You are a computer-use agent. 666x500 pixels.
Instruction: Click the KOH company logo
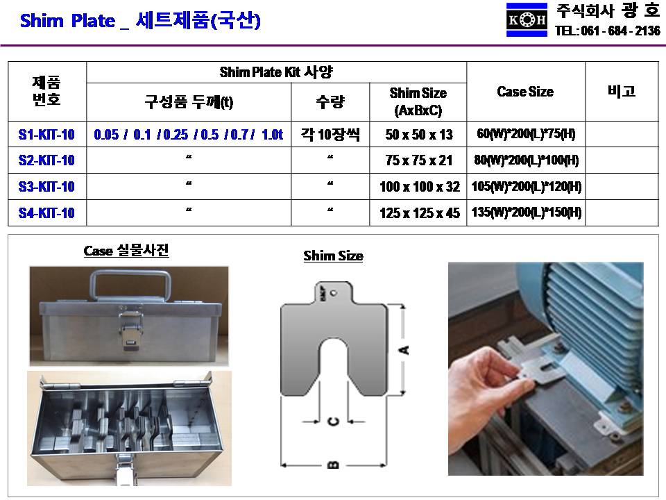[527, 19]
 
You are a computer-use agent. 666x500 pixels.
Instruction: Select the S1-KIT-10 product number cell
[46, 134]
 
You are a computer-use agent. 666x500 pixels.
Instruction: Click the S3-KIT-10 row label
[46, 186]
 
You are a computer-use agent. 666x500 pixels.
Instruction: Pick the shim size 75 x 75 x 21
[418, 160]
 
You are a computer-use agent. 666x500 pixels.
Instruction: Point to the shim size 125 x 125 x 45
[419, 212]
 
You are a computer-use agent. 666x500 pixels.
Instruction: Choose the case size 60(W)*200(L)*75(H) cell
[526, 134]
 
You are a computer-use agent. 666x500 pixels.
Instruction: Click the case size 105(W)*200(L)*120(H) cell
[527, 186]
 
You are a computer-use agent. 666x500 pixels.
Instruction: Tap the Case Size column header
[525, 92]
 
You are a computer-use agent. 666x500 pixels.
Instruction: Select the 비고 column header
[622, 91]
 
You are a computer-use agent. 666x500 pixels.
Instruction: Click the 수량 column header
[330, 102]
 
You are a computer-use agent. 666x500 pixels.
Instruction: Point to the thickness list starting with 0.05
[188, 134]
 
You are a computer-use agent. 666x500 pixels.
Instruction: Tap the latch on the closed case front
[130, 331]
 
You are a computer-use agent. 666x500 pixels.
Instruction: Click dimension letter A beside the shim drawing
[404, 350]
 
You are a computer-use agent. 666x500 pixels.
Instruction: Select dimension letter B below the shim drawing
[334, 465]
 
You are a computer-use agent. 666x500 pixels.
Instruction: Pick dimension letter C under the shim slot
[334, 422]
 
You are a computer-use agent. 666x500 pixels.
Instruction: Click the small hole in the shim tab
[334, 292]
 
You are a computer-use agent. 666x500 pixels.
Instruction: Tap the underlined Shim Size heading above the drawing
[333, 256]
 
